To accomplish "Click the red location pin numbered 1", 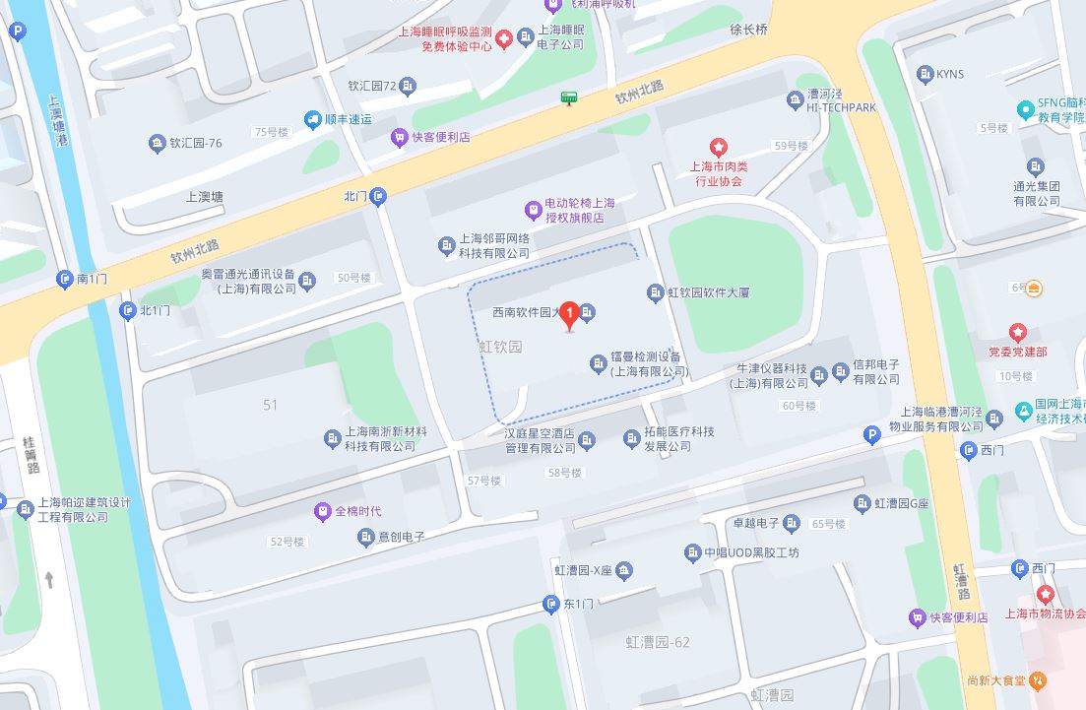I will tap(568, 314).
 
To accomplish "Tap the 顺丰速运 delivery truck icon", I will tap(313, 119).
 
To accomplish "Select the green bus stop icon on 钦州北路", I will tap(568, 97).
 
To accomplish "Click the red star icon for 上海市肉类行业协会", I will tap(719, 148).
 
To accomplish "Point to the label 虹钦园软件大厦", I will tap(708, 292).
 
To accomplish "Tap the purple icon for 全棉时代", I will tap(322, 511).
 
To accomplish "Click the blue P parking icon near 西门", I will tap(870, 434).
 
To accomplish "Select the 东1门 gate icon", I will tap(550, 604).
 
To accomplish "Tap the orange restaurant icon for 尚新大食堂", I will tap(1039, 680).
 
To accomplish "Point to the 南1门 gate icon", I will tap(65, 279).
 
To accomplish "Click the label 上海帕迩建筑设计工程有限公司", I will tap(84, 509).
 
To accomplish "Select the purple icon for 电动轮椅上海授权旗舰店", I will tap(533, 209).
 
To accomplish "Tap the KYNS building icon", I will tap(924, 74).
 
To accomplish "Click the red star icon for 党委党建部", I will tap(1017, 334).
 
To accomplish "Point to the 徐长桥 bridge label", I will tap(748, 30).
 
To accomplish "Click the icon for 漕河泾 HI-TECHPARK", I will tap(796, 99).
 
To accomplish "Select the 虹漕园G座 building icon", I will tap(862, 503).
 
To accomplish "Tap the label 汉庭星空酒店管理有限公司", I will tap(540, 440).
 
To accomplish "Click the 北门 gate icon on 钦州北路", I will tap(379, 196).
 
